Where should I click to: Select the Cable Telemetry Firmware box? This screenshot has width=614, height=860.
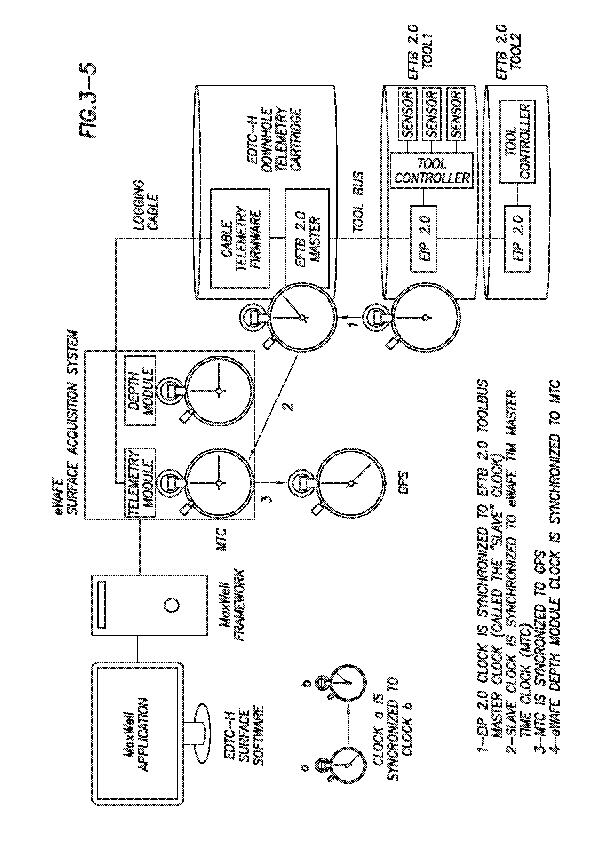pos(240,238)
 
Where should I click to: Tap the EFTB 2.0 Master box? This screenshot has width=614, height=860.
pos(307,238)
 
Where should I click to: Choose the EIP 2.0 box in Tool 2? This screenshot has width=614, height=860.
pos(518,238)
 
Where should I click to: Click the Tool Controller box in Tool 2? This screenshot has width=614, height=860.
pos(518,142)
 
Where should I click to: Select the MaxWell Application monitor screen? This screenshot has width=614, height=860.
pos(138,733)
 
